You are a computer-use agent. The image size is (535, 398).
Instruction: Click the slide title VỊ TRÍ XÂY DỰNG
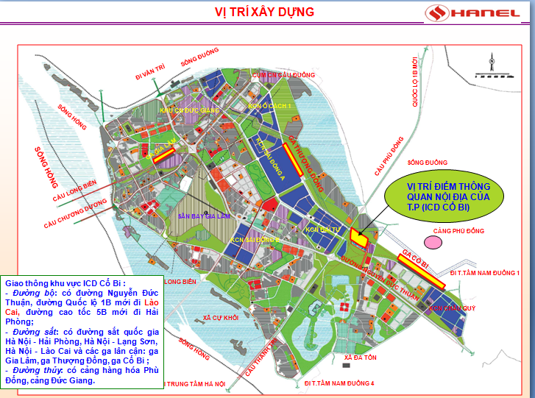coord(264,12)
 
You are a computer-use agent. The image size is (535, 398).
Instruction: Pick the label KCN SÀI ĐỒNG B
coord(255,240)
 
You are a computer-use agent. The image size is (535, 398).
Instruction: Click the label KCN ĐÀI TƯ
coord(322,230)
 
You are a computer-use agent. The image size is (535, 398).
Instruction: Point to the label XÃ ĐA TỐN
coord(360,357)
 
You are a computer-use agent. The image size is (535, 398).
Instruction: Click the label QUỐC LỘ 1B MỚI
coord(415,82)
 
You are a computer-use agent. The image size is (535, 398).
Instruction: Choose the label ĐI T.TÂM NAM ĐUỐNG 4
coord(339,383)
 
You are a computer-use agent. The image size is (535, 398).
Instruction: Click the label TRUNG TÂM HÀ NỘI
coord(194,384)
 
